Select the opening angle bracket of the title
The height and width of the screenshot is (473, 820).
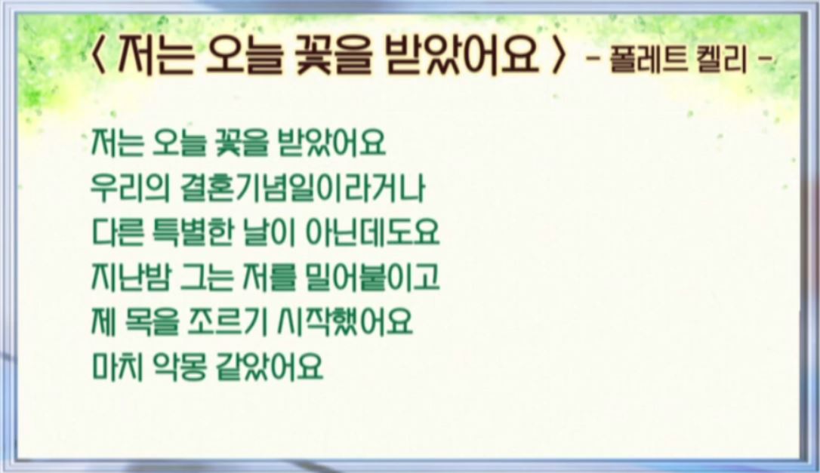(x=98, y=55)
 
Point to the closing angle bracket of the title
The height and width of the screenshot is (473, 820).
(x=559, y=55)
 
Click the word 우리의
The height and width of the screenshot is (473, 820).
(x=130, y=188)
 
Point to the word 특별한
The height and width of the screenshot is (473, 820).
(x=191, y=232)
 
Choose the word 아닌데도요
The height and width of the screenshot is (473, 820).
(x=371, y=232)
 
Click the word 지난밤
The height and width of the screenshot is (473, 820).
(x=131, y=277)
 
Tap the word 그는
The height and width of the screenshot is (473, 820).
(x=206, y=277)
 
